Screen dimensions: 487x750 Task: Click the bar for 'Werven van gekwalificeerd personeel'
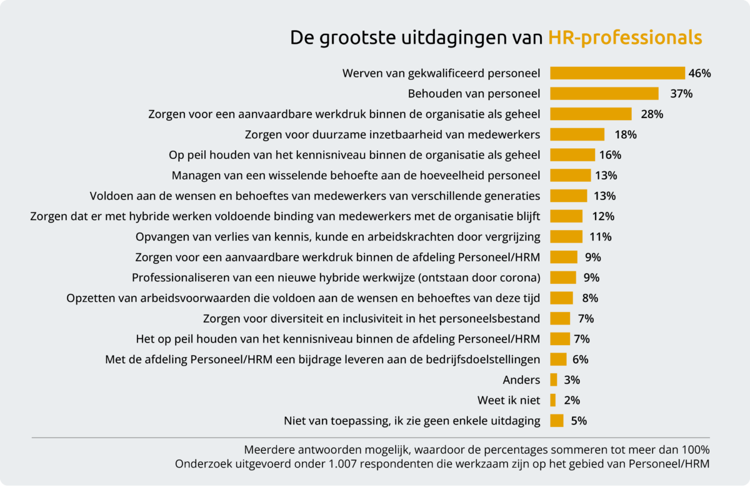[617, 73]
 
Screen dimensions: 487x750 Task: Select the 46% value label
[699, 73]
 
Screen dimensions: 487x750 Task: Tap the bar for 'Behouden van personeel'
[604, 94]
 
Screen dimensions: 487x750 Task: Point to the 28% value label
[652, 114]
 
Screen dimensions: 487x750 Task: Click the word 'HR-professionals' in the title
[625, 37]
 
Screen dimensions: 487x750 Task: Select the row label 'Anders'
[521, 379]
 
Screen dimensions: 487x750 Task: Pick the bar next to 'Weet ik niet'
[553, 400]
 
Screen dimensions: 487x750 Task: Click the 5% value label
[579, 421]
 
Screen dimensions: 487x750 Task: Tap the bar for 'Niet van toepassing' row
[557, 421]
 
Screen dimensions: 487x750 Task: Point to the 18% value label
[625, 134]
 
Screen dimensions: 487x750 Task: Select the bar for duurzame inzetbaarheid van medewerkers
[577, 134]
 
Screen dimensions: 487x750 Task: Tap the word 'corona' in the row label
[521, 277]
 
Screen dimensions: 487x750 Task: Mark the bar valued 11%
[566, 236]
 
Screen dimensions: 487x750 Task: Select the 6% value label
[580, 359]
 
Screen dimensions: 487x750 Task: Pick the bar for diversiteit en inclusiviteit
[560, 318]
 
